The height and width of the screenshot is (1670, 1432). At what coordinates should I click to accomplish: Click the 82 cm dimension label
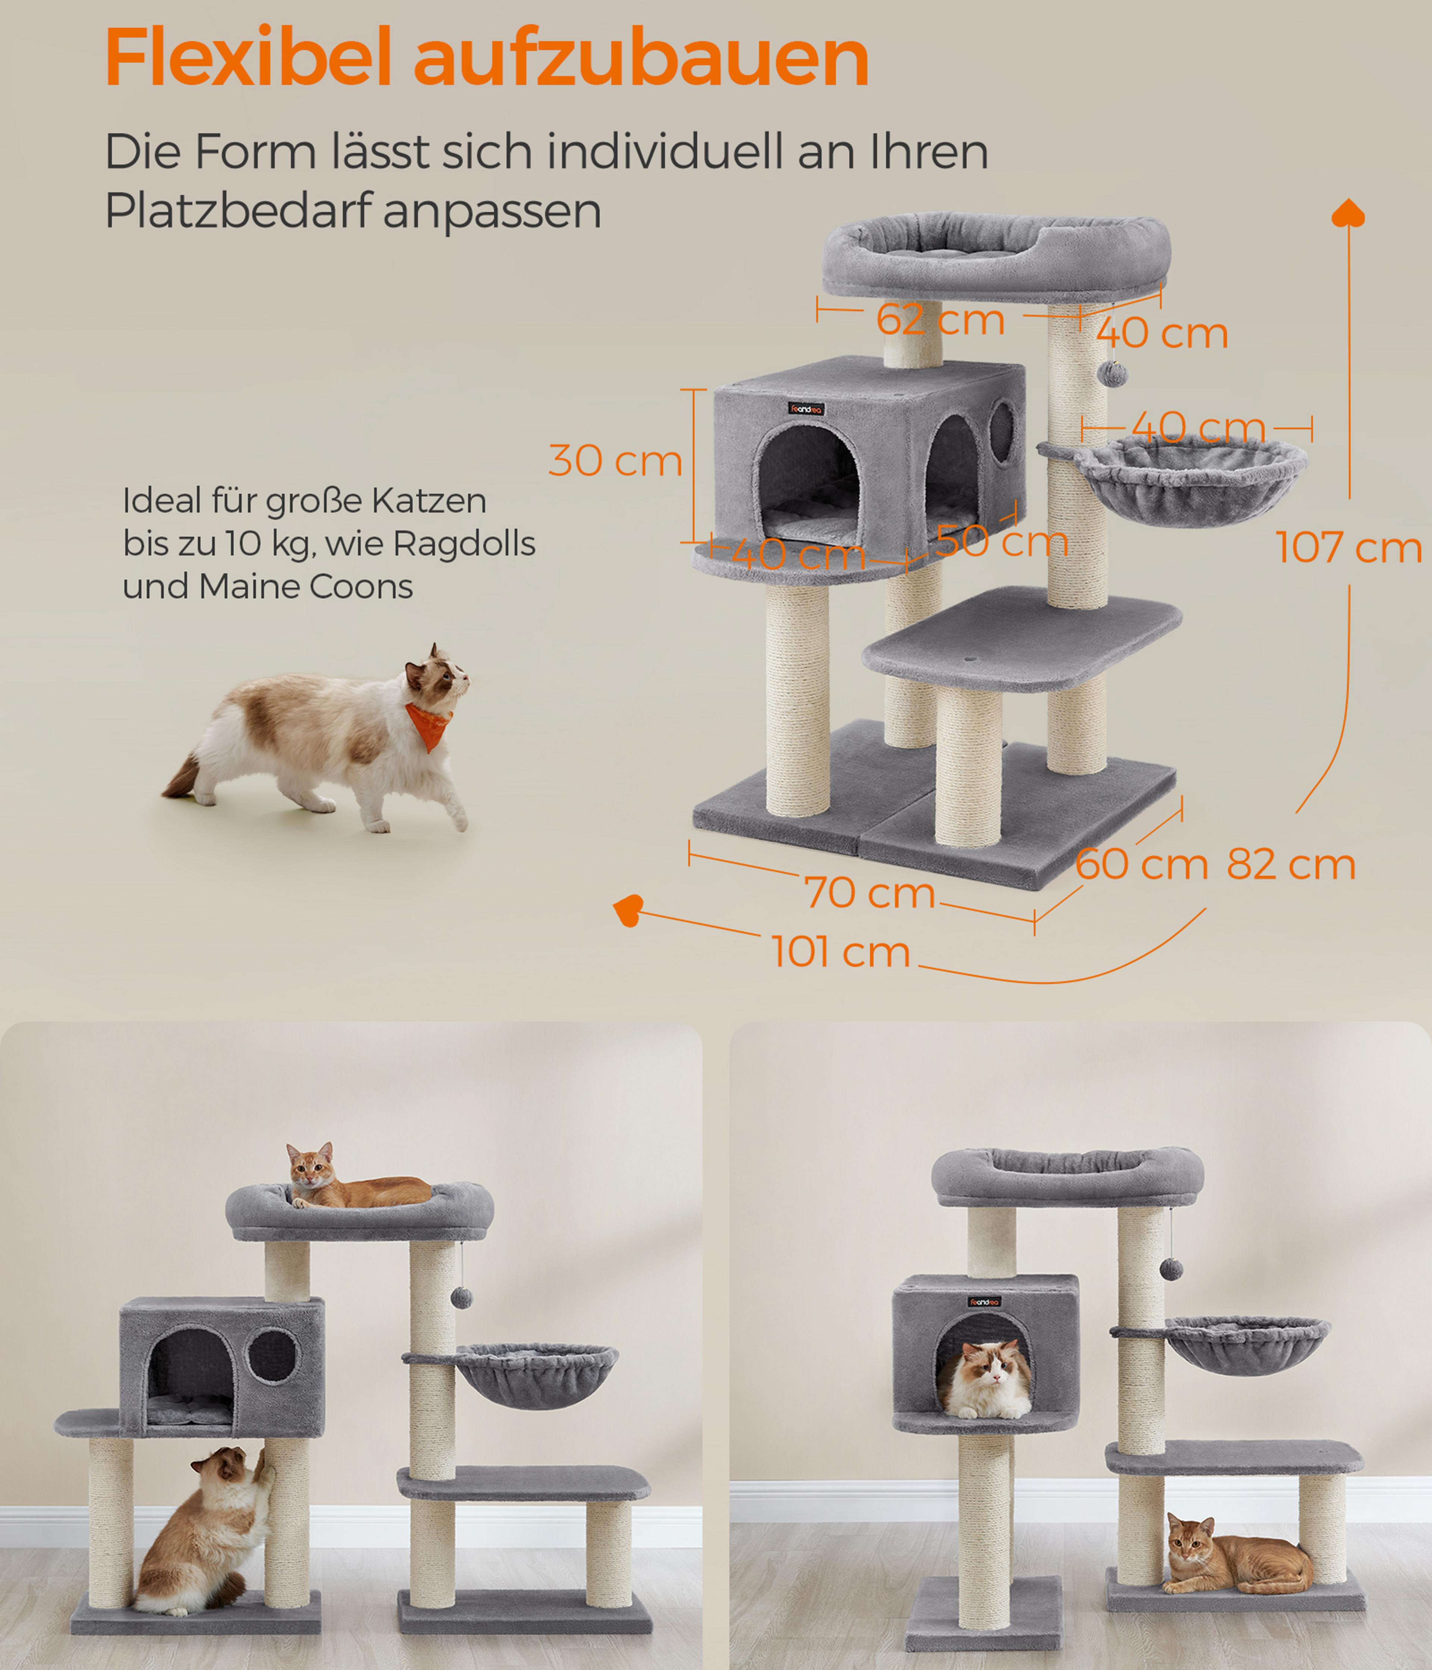pos(1291,865)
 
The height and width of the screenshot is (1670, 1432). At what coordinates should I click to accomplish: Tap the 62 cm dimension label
pos(940,320)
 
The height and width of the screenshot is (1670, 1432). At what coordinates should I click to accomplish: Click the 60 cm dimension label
pos(1141,865)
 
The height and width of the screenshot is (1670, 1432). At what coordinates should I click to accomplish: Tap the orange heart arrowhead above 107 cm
pos(1348,213)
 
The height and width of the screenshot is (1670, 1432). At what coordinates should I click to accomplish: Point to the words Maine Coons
pos(307,587)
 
